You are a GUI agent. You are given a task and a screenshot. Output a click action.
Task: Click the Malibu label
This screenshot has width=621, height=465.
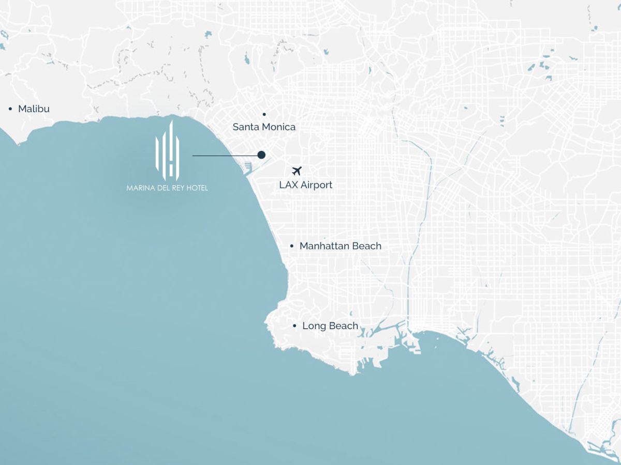[x=34, y=109]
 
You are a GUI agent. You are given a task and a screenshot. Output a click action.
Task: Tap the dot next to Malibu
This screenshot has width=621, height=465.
[x=10, y=109]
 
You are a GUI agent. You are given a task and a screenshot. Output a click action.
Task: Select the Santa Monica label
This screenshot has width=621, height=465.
[x=264, y=127]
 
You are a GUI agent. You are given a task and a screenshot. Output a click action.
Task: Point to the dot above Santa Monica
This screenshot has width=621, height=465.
[x=264, y=114]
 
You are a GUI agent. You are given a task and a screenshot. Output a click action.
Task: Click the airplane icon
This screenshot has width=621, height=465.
[x=297, y=171]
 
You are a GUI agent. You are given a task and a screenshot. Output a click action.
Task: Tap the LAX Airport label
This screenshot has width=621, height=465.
[x=305, y=185]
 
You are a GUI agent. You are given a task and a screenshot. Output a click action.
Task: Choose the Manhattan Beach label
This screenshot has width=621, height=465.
[x=340, y=246]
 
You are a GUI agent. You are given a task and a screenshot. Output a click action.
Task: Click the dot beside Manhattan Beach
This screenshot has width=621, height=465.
[x=292, y=246]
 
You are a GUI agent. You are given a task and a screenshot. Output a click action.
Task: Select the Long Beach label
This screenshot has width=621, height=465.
[x=330, y=326]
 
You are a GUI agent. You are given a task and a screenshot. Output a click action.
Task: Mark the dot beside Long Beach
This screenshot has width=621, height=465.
[x=294, y=326]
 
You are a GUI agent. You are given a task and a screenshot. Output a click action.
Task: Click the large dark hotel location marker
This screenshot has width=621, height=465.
[x=261, y=155]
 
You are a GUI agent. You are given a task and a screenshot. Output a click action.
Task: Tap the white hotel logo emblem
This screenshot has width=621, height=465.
[x=167, y=150]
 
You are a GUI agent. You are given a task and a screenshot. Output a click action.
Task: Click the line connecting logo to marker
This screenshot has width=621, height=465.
[x=225, y=155]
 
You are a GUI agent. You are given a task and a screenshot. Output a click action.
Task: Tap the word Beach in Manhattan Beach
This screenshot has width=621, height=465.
[x=366, y=246]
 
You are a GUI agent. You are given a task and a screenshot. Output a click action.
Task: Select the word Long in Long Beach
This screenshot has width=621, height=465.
[x=313, y=326]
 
